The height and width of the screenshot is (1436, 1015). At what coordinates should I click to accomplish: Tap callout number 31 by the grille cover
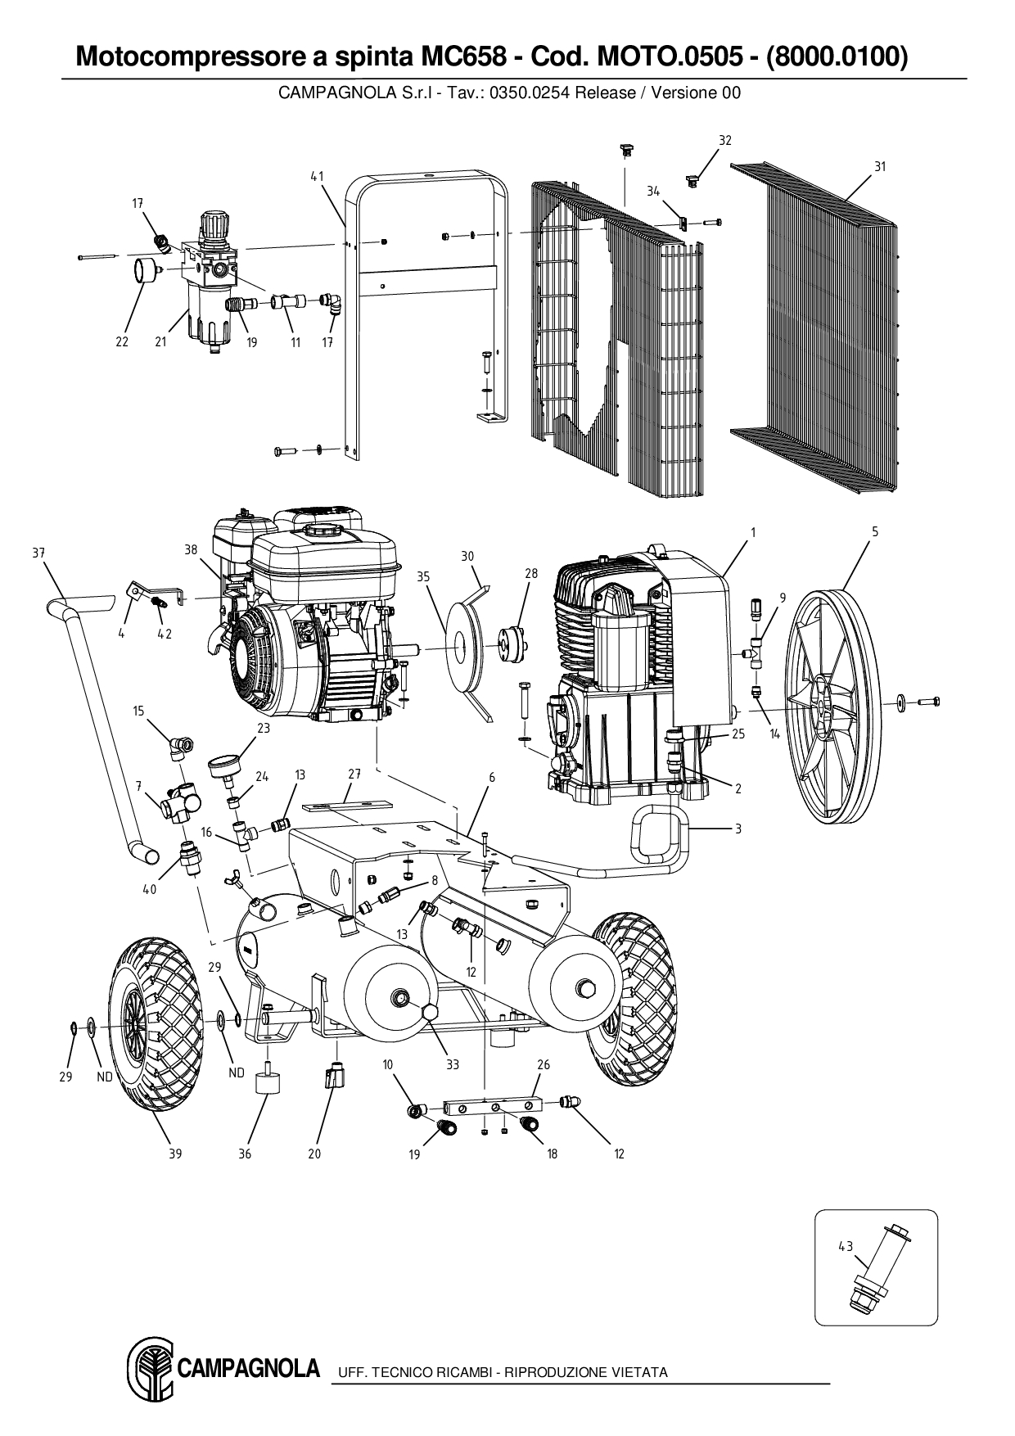point(880,166)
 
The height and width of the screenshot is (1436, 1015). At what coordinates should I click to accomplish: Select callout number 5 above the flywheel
point(875,531)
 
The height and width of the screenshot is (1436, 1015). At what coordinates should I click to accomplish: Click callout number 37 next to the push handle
point(38,553)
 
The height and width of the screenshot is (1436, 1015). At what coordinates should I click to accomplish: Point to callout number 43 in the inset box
point(846,1246)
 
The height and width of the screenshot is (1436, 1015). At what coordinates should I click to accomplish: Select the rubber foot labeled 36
point(268,1085)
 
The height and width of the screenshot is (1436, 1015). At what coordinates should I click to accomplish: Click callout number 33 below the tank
point(452,1064)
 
